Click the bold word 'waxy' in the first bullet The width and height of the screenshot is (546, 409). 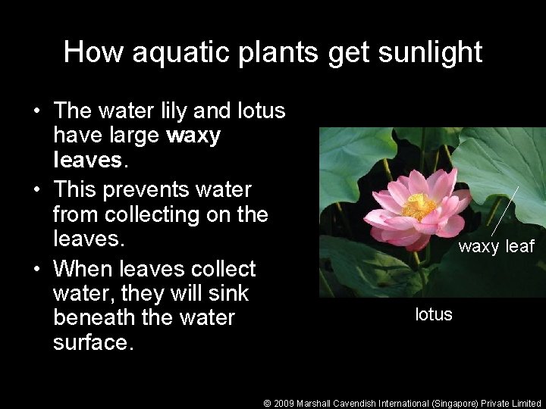(x=193, y=136)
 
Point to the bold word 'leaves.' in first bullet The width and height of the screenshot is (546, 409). (x=88, y=161)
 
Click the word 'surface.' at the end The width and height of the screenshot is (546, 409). (x=93, y=342)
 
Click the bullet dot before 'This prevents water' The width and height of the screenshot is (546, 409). (x=36, y=190)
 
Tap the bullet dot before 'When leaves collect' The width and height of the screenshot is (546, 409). (x=36, y=270)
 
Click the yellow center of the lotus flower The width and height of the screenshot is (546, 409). (x=419, y=205)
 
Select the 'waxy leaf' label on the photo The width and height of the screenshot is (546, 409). (x=497, y=246)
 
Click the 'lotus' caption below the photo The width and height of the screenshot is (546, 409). (x=434, y=314)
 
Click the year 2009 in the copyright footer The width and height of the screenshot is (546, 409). (x=284, y=404)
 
